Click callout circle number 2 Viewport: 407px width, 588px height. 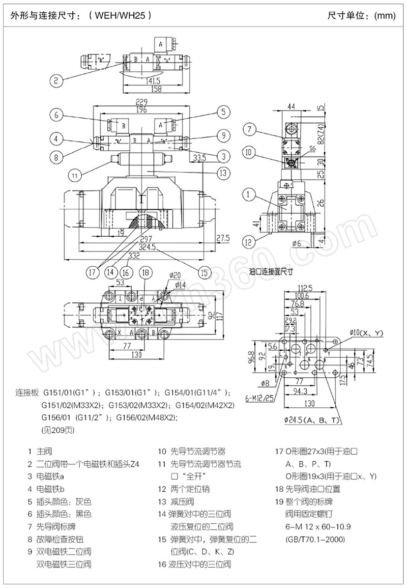point(57,79)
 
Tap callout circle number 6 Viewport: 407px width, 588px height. point(57,114)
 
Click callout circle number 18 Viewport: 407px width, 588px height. point(146,272)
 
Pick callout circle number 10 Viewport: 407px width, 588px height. point(249,151)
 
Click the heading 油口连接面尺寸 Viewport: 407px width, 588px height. point(273,271)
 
